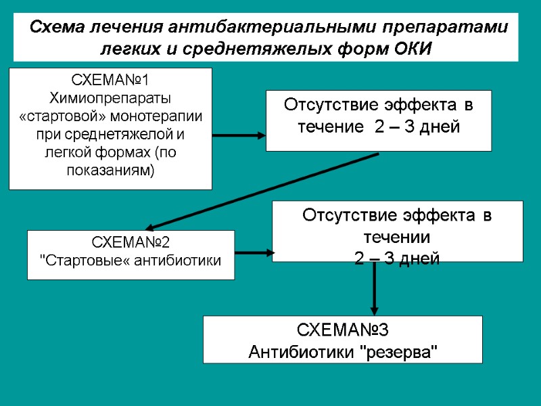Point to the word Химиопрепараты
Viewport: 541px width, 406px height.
(x=110, y=99)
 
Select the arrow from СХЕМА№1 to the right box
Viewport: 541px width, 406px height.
(x=239, y=135)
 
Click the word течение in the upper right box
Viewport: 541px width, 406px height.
(x=331, y=127)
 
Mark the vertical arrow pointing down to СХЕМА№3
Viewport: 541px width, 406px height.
(x=374, y=288)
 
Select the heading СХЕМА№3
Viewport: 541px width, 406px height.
(x=343, y=331)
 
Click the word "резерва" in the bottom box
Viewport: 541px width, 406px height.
(x=401, y=352)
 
